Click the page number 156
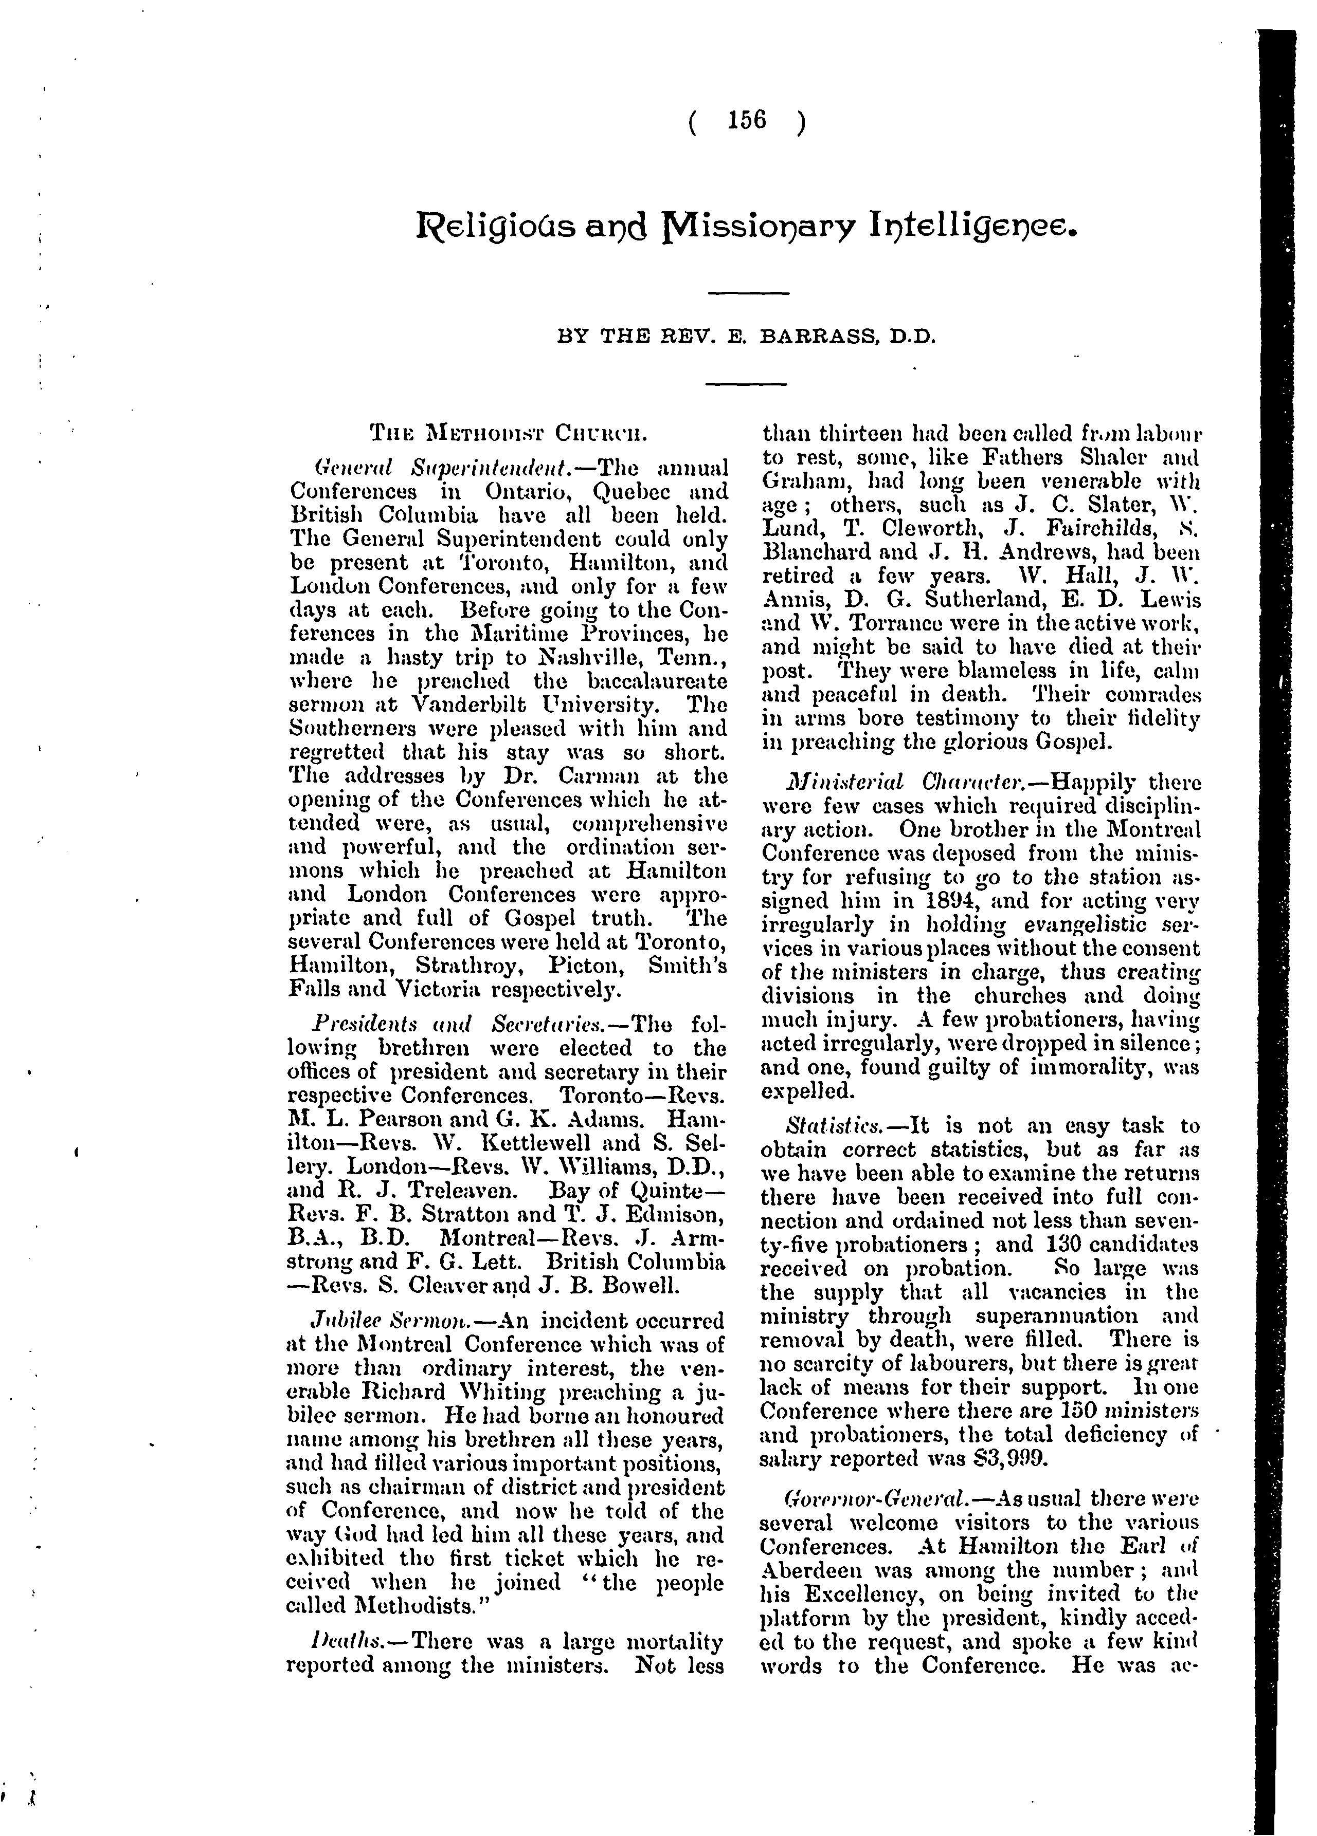[x=746, y=121]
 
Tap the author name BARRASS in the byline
[x=821, y=335]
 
